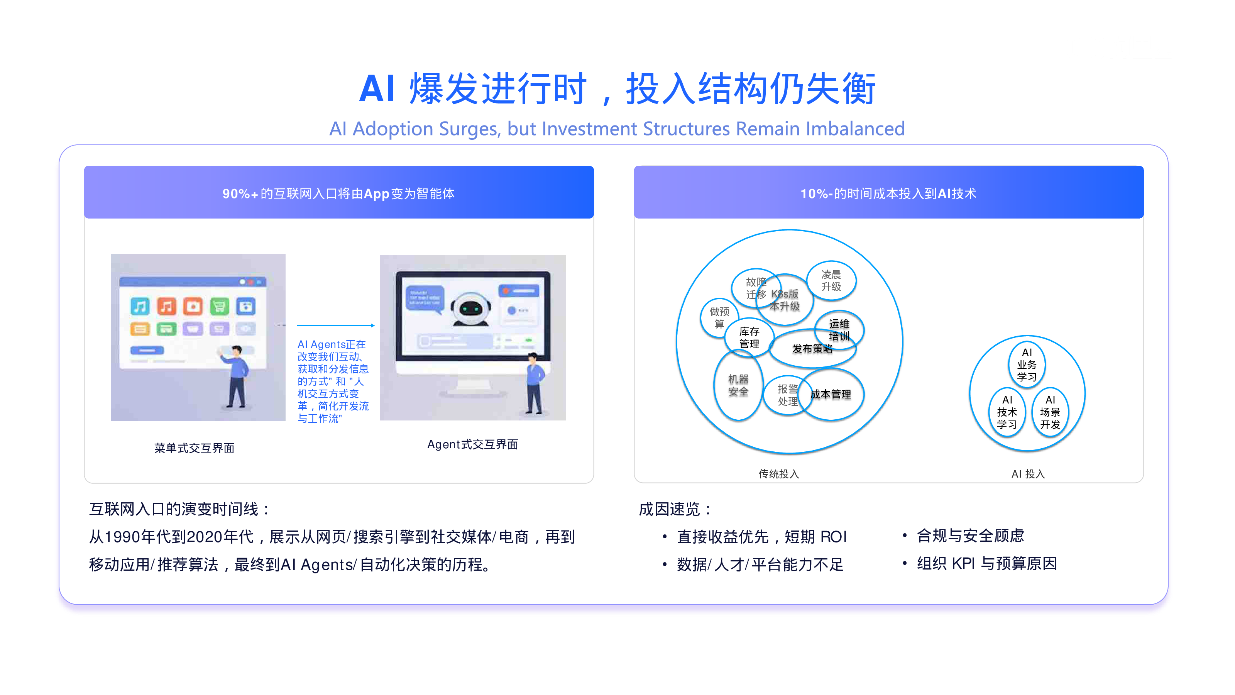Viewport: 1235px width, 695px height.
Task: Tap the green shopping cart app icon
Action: pyautogui.click(x=219, y=306)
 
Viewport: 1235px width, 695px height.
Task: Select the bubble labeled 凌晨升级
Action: pyautogui.click(x=831, y=281)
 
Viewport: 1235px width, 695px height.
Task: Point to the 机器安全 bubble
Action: pyautogui.click(x=738, y=385)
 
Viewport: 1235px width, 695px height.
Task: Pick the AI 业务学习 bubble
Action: pyautogui.click(x=1027, y=364)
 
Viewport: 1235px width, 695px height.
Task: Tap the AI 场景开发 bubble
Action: pyautogui.click(x=1050, y=412)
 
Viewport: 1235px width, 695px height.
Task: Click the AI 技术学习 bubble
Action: pyautogui.click(x=1007, y=412)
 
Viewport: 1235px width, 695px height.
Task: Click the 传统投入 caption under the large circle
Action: pyautogui.click(x=778, y=474)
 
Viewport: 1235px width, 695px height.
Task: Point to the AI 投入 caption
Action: pyautogui.click(x=1028, y=474)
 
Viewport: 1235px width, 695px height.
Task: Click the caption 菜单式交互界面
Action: pyautogui.click(x=194, y=448)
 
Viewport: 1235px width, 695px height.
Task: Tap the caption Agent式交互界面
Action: pyautogui.click(x=472, y=444)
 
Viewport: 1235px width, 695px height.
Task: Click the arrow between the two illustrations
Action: pyautogui.click(x=336, y=325)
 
